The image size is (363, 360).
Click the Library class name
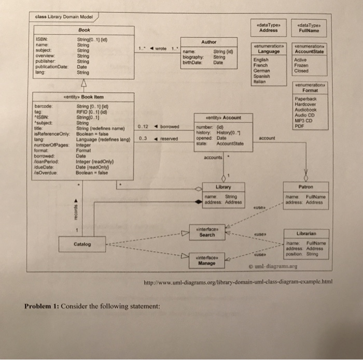224,186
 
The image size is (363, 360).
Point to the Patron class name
305,186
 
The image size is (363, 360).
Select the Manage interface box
207,261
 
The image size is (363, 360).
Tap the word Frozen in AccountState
301,66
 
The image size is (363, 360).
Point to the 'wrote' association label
161,49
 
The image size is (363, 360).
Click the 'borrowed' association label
170,126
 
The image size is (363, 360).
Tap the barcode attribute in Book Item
42,105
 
